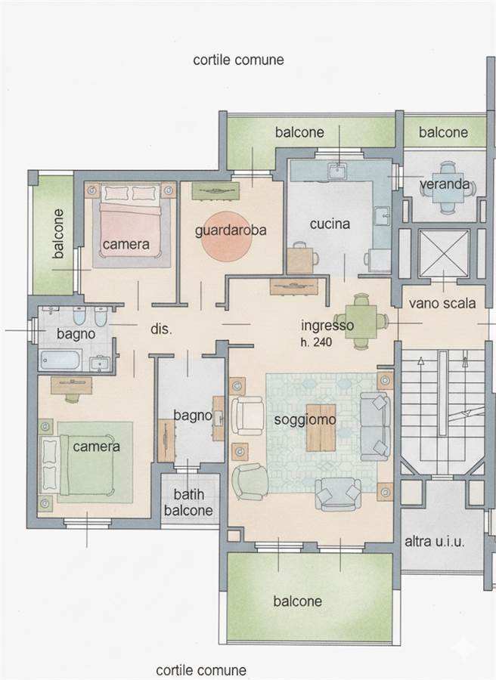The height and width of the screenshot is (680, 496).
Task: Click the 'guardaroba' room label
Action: tap(231, 230)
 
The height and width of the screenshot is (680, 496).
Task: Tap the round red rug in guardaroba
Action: tap(226, 236)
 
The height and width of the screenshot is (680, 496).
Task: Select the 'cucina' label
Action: tap(330, 224)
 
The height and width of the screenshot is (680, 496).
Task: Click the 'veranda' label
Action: tap(445, 184)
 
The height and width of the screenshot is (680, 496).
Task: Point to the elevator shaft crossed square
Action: tap(444, 253)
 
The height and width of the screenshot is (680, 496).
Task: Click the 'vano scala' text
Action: tap(442, 303)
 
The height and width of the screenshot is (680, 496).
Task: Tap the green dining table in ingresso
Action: tap(361, 321)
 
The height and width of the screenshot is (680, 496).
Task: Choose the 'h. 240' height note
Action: tap(316, 342)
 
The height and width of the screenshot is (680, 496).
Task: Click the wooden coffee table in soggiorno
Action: tap(321, 428)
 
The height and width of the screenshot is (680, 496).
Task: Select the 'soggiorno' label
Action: tap(305, 419)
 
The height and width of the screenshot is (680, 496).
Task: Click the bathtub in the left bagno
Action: tap(60, 360)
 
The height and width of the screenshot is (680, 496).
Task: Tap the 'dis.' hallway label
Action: tap(162, 329)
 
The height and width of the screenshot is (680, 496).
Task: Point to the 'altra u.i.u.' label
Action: tap(435, 541)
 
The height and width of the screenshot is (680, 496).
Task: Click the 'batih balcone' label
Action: tap(189, 502)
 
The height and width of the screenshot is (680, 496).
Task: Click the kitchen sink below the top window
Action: tap(336, 171)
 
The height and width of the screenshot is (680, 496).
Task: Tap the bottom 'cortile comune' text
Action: tap(201, 670)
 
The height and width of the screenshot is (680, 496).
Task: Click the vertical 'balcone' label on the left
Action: tap(57, 233)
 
